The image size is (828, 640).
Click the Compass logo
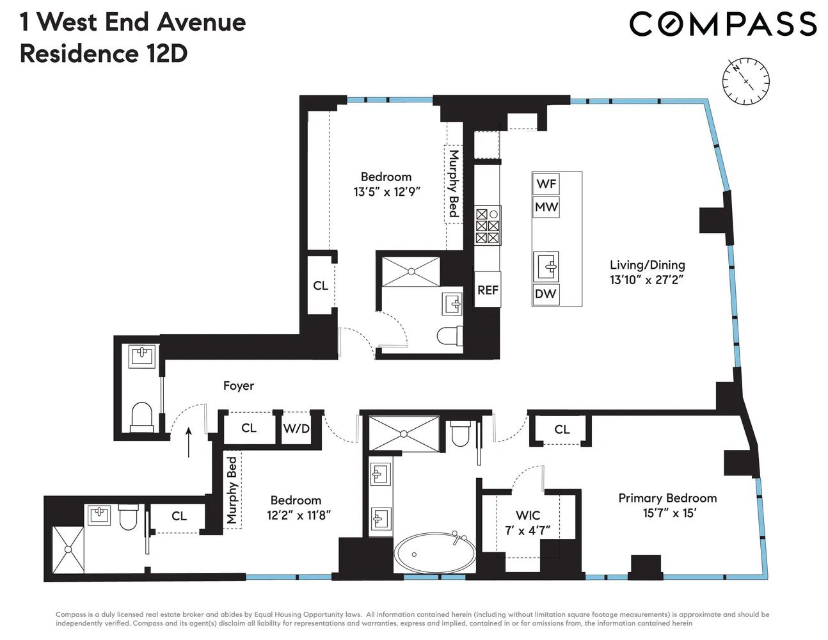(x=723, y=24)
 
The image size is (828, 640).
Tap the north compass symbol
(x=745, y=81)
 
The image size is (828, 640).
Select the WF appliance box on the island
(x=546, y=184)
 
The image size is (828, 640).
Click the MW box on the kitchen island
(x=546, y=207)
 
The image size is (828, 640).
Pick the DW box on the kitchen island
(x=546, y=294)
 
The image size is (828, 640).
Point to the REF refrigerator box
(x=488, y=290)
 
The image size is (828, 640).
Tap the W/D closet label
(x=296, y=429)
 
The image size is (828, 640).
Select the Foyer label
(x=239, y=385)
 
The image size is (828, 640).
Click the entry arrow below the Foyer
(x=189, y=442)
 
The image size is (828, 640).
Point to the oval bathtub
(x=434, y=552)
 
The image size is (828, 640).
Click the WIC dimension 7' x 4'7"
(x=528, y=531)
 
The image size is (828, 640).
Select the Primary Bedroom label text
(x=667, y=499)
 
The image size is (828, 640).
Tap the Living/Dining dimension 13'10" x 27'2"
(x=647, y=280)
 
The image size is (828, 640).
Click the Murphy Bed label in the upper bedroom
(x=454, y=184)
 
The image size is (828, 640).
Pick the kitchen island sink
(x=546, y=266)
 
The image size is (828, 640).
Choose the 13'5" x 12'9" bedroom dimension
(x=386, y=191)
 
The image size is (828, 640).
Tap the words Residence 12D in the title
(x=104, y=54)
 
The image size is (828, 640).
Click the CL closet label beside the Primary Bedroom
(x=562, y=429)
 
